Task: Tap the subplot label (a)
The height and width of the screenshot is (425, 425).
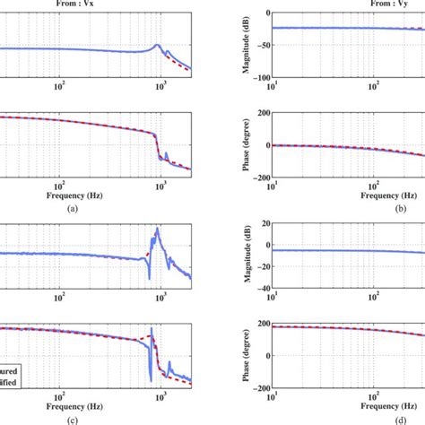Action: [95, 206]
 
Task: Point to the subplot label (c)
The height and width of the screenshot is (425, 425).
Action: [95, 410]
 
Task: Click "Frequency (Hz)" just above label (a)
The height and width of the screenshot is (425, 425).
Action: [95, 193]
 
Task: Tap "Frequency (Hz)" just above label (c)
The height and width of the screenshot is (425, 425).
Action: [95, 396]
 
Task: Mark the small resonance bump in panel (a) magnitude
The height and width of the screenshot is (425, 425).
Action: [158, 45]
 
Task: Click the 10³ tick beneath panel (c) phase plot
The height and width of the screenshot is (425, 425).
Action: [160, 386]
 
